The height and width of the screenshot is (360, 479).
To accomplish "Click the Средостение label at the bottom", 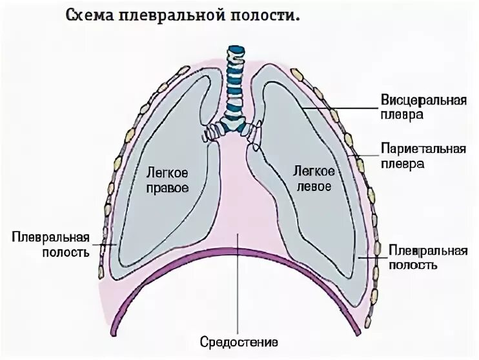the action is click(x=239, y=341).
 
